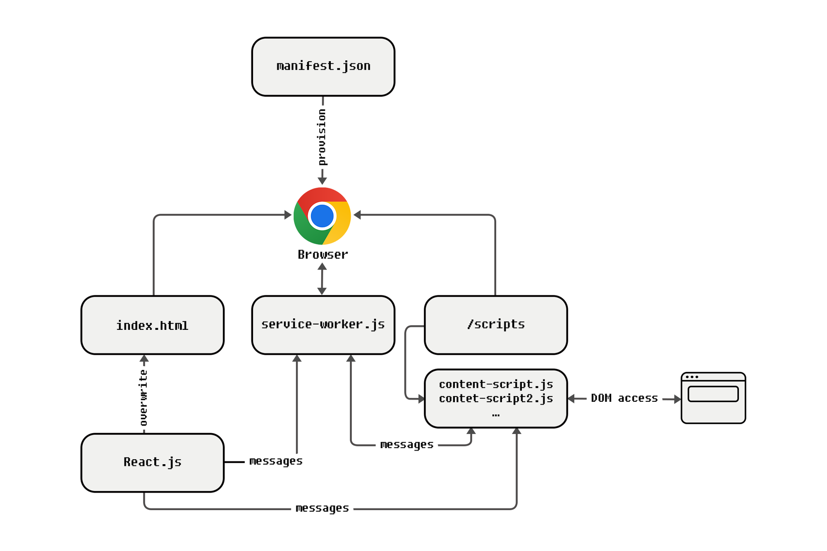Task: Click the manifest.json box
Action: pos(323,67)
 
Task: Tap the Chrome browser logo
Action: pos(322,216)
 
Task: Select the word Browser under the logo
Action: pos(323,254)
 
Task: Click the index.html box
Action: pos(153,325)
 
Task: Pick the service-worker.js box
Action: pos(323,325)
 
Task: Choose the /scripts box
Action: pos(496,325)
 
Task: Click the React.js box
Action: pos(153,463)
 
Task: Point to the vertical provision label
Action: pos(322,137)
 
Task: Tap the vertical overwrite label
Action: pos(143,398)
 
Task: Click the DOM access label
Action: pos(624,398)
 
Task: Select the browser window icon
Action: pos(713,398)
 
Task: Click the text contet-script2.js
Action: pos(496,398)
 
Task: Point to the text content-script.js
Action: pos(496,384)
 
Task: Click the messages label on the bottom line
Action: pos(322,508)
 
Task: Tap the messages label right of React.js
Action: pos(276,461)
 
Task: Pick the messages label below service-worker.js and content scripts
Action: pos(406,444)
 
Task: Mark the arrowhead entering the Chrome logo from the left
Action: pos(288,215)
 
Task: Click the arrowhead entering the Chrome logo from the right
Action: pos(357,215)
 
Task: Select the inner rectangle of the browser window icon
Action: pos(713,394)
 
